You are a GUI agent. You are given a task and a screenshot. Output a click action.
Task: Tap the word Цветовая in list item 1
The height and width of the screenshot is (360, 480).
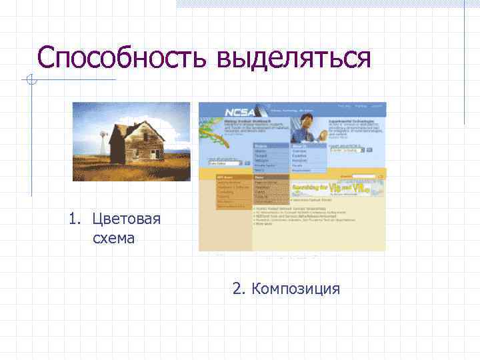pos(126,219)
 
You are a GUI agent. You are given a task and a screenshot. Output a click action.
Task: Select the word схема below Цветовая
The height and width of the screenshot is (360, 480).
pos(113,238)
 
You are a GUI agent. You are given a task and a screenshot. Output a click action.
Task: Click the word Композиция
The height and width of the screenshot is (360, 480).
pos(296,289)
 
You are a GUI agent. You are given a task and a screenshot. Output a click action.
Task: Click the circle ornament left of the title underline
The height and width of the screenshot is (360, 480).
pos(29,81)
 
